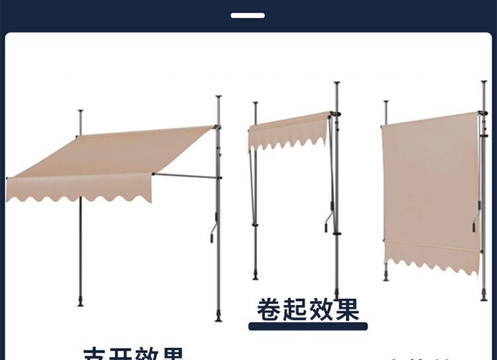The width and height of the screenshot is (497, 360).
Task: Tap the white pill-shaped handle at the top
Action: (x=248, y=15)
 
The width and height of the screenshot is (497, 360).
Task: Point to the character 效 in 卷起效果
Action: (x=320, y=309)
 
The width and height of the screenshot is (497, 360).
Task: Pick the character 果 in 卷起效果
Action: (x=346, y=309)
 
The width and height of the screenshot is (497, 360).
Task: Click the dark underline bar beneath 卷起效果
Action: (x=307, y=326)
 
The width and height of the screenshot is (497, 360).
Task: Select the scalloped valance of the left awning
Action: (x=80, y=189)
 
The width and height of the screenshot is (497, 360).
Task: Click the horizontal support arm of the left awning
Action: (x=186, y=176)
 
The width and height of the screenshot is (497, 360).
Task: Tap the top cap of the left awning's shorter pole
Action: (x=80, y=111)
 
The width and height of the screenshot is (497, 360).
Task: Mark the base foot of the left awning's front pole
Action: (x=81, y=304)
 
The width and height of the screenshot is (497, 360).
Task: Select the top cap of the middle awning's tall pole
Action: (x=337, y=84)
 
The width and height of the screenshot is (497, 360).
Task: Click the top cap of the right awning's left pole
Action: (x=386, y=102)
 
